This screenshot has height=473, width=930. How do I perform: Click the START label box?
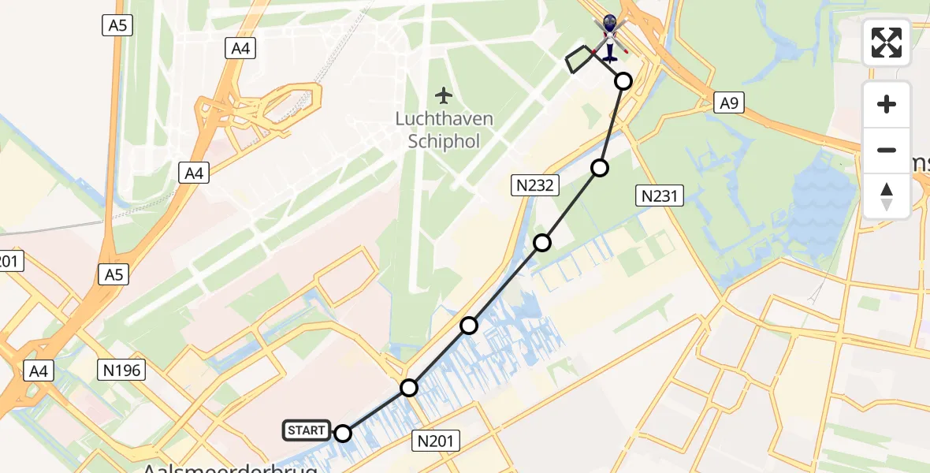click(x=307, y=430)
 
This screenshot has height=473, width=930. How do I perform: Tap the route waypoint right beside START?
click(x=343, y=433)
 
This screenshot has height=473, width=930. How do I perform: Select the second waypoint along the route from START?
click(x=409, y=387)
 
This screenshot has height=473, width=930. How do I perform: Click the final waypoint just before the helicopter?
click(x=623, y=80)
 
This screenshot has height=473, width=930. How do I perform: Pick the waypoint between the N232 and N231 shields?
click(x=600, y=168)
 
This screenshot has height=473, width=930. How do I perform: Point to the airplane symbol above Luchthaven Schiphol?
click(x=445, y=96)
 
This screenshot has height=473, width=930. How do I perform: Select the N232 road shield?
click(x=535, y=185)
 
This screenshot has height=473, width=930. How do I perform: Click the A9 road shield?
click(x=727, y=102)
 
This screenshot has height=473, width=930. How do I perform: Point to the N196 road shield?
click(x=121, y=369)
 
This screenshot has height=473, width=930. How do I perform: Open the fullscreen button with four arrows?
click(x=887, y=42)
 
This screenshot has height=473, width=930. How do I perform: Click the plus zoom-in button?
click(x=887, y=104)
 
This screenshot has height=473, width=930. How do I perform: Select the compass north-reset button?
click(x=887, y=196)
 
